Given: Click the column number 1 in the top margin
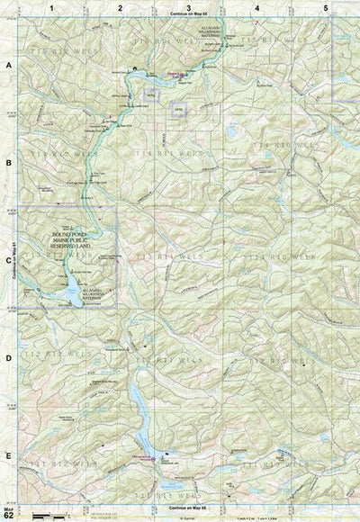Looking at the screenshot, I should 53,6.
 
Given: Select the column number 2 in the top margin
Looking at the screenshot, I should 120,6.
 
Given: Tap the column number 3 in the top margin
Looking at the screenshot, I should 188,6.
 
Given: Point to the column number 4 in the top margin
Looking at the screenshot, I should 257,6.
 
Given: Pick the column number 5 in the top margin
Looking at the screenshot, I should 325,6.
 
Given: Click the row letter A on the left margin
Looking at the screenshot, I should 8,67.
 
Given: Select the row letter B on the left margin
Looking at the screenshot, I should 8,163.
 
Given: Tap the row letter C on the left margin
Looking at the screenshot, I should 8,260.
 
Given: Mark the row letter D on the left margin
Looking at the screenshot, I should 8,357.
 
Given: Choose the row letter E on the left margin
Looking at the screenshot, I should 8,455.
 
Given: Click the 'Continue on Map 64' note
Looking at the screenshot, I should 188,16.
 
